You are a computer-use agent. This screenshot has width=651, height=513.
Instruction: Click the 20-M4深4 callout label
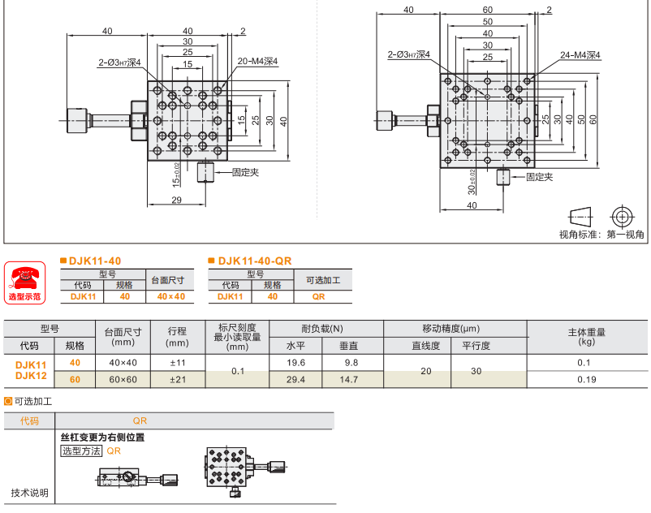tap(258, 61)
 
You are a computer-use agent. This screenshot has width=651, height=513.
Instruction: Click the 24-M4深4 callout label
tap(580, 56)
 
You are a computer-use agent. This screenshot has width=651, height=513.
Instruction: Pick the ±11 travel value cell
tap(176, 363)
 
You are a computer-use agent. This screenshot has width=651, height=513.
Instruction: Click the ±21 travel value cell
tap(176, 379)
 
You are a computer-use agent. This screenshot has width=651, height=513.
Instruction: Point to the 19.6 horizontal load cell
tap(297, 363)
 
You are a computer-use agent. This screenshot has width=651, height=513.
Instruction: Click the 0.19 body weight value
tap(587, 379)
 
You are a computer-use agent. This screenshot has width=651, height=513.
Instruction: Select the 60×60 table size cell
tap(124, 379)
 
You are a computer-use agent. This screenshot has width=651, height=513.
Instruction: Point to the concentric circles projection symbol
tap(623, 217)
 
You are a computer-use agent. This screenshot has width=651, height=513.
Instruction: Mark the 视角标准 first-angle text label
tap(601, 235)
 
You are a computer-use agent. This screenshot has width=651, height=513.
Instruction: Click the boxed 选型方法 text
tap(81, 450)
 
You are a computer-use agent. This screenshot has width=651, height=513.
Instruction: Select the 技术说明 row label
tap(29, 492)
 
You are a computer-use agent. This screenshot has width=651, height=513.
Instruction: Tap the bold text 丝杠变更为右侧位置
tap(102, 438)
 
